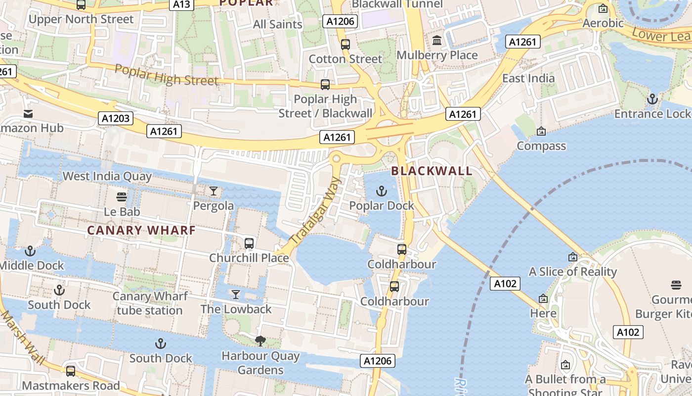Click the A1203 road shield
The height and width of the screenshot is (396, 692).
click(x=116, y=118)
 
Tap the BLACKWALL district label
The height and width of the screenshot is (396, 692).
click(x=432, y=171)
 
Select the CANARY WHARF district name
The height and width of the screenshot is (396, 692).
click(x=141, y=230)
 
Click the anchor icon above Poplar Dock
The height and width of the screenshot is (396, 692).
click(x=382, y=191)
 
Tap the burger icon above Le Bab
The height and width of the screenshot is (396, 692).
click(x=122, y=197)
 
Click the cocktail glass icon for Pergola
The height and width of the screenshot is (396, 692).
click(x=214, y=191)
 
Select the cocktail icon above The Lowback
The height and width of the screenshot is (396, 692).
click(x=236, y=295)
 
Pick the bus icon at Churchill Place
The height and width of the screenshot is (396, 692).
click(x=249, y=244)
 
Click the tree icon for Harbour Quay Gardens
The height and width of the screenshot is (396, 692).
click(x=260, y=341)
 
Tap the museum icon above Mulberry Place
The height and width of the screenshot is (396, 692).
click(x=437, y=41)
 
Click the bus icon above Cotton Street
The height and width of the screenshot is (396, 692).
click(x=346, y=45)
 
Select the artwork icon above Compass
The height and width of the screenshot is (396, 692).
click(x=541, y=131)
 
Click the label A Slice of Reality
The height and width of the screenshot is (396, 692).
click(x=573, y=272)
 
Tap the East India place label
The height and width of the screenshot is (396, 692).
click(x=528, y=78)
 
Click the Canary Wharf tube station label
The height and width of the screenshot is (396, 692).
click(x=150, y=303)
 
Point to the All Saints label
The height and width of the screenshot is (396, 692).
click(x=277, y=24)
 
